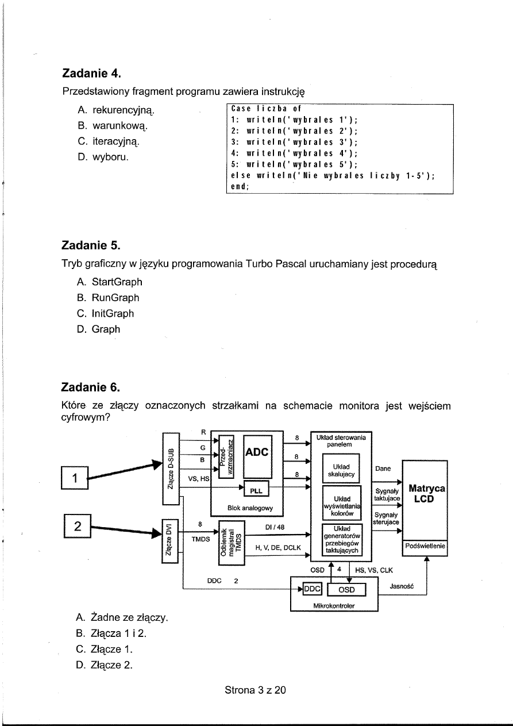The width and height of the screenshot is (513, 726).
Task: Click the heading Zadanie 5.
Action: (91, 246)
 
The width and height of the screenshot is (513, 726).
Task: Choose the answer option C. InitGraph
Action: (105, 314)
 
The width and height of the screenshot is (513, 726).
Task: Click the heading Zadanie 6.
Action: (91, 385)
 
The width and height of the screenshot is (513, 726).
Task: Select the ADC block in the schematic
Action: (257, 453)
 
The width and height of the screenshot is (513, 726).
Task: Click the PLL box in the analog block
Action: (253, 490)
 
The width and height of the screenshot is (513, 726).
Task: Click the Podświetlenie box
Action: (426, 547)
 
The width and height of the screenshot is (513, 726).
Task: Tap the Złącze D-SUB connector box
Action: (171, 468)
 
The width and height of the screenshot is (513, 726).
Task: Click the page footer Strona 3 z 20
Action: (255, 690)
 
